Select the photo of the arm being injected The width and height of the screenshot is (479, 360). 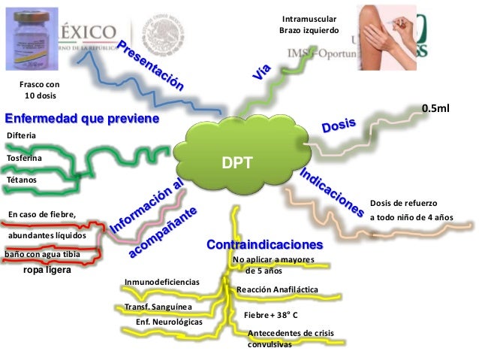(x=383, y=34)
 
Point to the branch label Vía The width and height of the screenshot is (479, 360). (x=260, y=72)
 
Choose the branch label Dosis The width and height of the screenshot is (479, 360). (x=339, y=125)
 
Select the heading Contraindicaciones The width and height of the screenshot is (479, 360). (x=264, y=246)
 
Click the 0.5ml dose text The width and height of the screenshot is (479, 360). (x=435, y=109)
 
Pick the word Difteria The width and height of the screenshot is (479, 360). (x=21, y=135)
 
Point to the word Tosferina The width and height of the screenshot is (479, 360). (x=24, y=159)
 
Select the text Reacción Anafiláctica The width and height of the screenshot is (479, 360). (x=277, y=289)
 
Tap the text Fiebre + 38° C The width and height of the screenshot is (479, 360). (x=271, y=314)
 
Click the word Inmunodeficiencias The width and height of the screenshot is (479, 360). (x=161, y=282)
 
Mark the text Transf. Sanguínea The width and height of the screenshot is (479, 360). (x=158, y=307)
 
